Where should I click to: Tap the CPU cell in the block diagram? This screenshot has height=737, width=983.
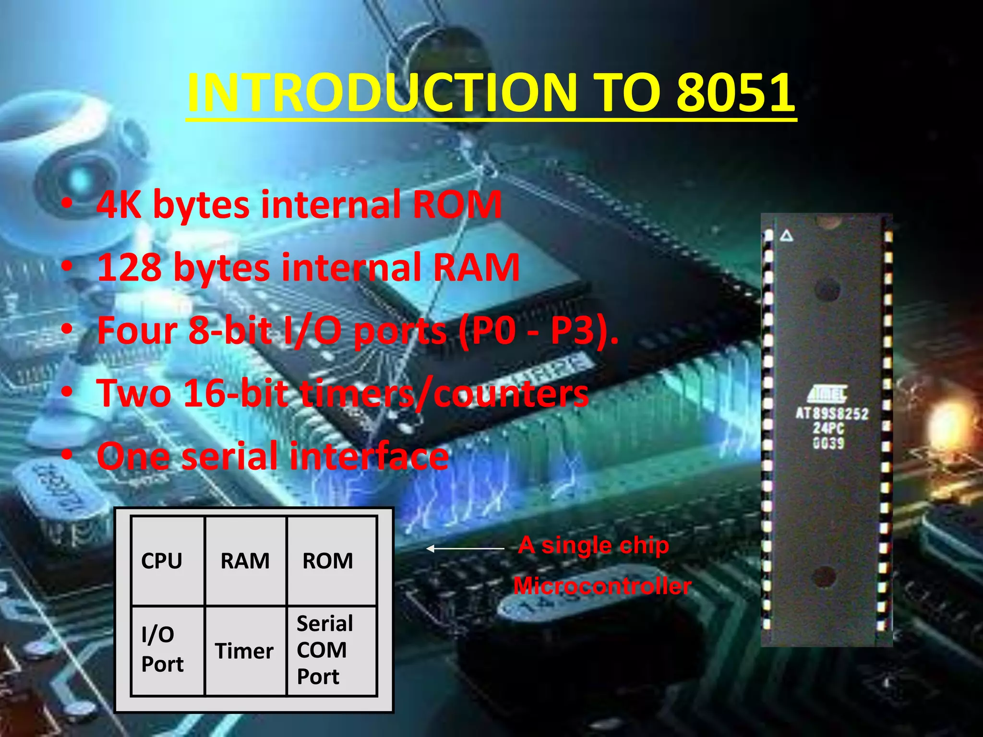click(162, 561)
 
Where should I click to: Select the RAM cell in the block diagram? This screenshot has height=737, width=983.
click(245, 561)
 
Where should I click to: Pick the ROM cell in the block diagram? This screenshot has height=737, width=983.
click(328, 561)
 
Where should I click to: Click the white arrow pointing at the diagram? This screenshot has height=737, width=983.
click(465, 548)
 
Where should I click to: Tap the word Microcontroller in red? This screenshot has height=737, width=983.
click(602, 586)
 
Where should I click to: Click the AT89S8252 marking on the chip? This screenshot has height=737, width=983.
click(832, 414)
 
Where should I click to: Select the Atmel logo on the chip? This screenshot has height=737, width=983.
click(827, 394)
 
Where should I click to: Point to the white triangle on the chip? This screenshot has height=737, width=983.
click(786, 236)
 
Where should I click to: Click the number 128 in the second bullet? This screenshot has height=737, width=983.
click(130, 267)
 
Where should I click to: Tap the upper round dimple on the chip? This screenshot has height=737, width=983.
click(827, 289)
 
